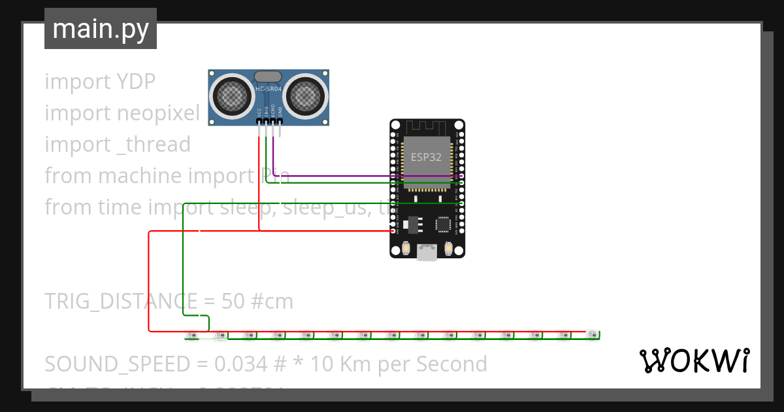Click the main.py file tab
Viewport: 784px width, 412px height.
[x=100, y=29]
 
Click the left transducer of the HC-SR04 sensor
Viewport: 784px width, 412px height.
[x=231, y=97]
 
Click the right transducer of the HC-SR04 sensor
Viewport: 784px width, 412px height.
[x=306, y=97]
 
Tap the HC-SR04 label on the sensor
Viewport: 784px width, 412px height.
[x=269, y=88]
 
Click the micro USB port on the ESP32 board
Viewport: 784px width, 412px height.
[x=427, y=252]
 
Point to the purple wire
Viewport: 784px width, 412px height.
[x=366, y=176]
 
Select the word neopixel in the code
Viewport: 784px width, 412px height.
[x=158, y=113]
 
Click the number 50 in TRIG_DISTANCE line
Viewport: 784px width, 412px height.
[x=233, y=301]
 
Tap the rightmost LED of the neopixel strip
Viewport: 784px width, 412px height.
[x=592, y=334]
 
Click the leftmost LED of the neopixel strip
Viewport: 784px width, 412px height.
[x=192, y=335]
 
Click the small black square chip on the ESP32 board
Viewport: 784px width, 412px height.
[x=444, y=225]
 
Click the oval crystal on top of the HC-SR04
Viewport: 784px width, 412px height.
[x=269, y=77]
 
